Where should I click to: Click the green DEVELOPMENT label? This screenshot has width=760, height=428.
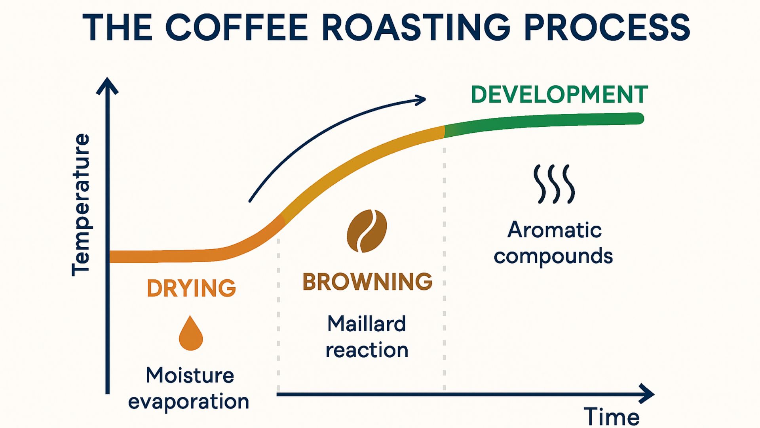point(559,95)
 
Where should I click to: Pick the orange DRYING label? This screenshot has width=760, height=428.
point(191,288)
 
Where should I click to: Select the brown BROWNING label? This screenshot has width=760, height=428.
point(367,282)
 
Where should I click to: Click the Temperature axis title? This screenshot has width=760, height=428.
point(81,204)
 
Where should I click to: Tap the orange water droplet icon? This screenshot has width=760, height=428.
point(191,334)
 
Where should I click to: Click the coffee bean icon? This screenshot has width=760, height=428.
point(367,231)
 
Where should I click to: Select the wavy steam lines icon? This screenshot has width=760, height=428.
point(554,184)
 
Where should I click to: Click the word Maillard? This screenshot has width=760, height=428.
point(367,324)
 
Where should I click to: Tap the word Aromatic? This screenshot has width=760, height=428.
point(554,230)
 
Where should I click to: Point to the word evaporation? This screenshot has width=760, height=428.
point(188,402)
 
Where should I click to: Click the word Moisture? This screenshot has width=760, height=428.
point(190,375)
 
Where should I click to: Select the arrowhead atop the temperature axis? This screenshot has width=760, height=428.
point(107,86)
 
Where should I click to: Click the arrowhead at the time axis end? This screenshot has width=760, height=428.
point(648,394)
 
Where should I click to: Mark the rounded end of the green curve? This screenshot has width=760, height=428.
point(638,118)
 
